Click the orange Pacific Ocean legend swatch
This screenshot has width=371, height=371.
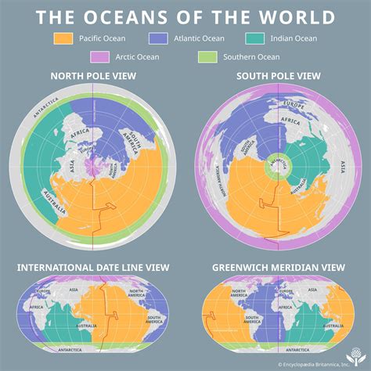[63, 38]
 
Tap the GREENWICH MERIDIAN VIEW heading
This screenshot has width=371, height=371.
[277, 268]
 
